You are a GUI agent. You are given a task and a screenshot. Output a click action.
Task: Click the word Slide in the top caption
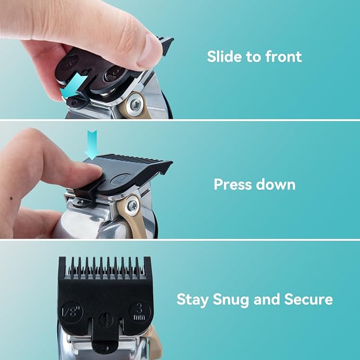(224, 57)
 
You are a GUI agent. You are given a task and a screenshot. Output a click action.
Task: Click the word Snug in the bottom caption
(231, 299)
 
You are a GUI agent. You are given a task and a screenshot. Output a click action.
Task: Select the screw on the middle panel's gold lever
(133, 203)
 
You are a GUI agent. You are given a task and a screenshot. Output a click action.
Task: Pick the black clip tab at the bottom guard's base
(106, 343)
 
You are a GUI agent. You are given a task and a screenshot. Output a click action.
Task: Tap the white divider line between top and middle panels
(180, 120)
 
